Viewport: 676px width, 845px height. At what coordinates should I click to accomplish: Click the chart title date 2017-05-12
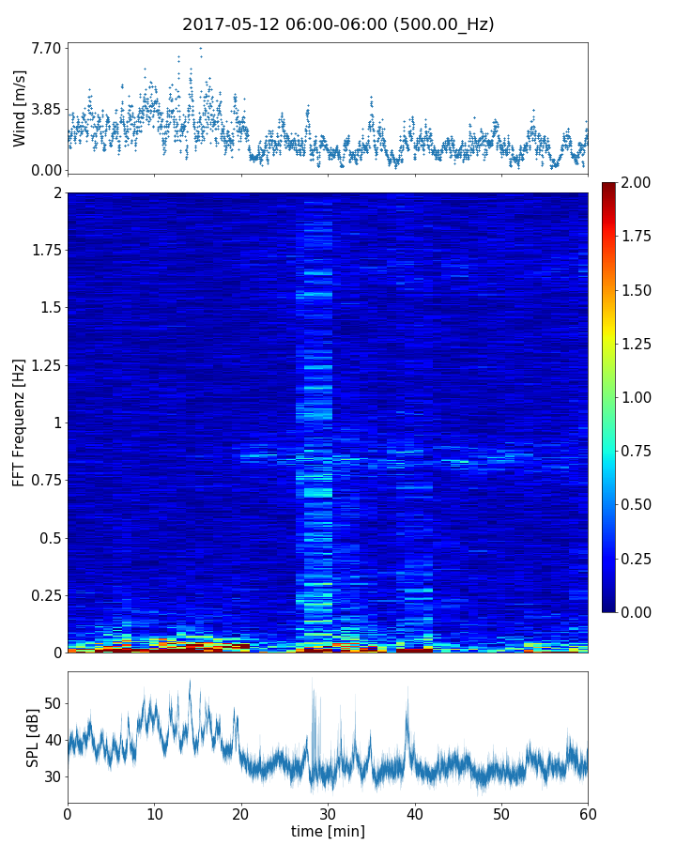pyautogui.click(x=230, y=24)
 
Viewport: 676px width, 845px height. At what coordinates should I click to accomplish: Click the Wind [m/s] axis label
pyautogui.click(x=20, y=108)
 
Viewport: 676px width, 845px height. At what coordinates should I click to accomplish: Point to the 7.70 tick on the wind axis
pyautogui.click(x=47, y=48)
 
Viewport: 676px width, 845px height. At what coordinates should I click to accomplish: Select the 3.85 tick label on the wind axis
pyautogui.click(x=47, y=109)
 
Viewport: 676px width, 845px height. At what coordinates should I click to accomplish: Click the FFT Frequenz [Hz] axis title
pyautogui.click(x=20, y=422)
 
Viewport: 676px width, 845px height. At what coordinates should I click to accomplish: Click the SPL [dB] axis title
pyautogui.click(x=32, y=737)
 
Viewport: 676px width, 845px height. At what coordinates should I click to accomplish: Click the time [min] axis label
pyautogui.click(x=328, y=831)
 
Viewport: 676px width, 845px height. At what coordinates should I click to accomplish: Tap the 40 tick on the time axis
pyautogui.click(x=415, y=812)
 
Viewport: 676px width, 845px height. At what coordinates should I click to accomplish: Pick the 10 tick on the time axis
pyautogui.click(x=154, y=812)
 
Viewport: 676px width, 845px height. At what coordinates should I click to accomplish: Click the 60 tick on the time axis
pyautogui.click(x=588, y=812)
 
